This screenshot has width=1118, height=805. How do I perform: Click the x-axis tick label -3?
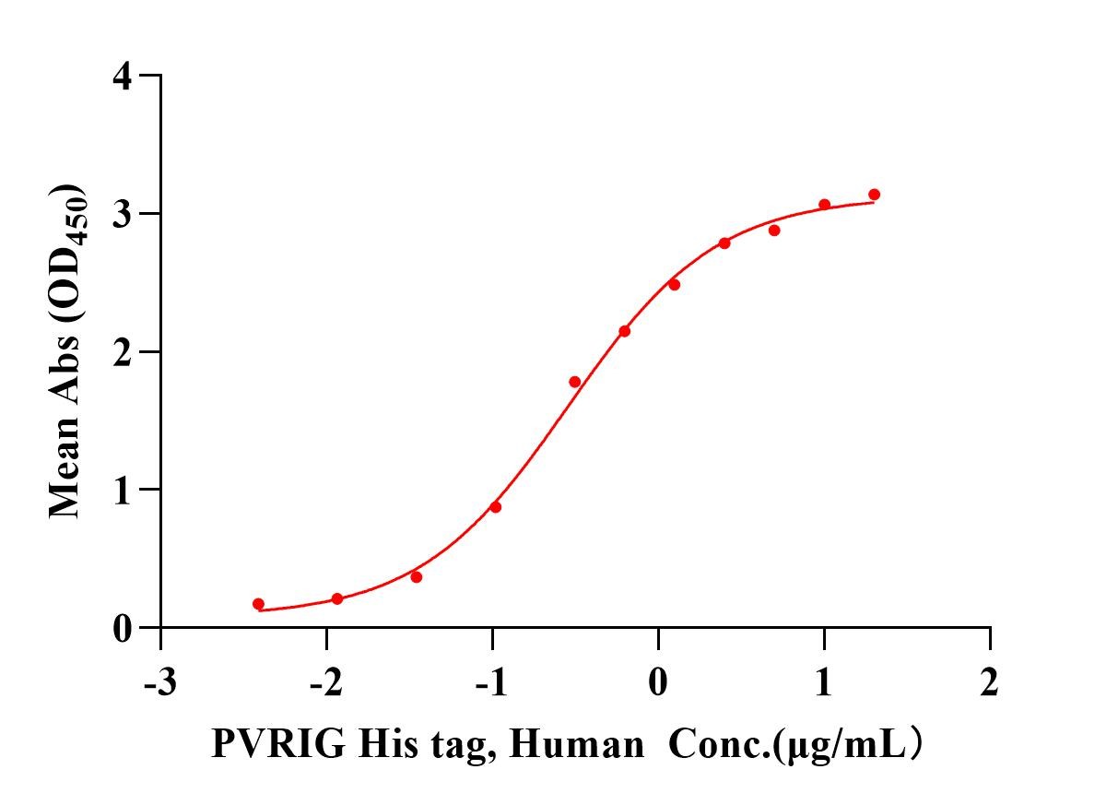pyautogui.click(x=160, y=685)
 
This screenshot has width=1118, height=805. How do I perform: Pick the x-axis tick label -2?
pyautogui.click(x=325, y=685)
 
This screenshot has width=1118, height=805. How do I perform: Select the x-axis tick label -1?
pyautogui.click(x=491, y=685)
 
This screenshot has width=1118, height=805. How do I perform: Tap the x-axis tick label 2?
pyautogui.click(x=990, y=685)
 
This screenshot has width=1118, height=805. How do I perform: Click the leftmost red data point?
pyautogui.click(x=258, y=604)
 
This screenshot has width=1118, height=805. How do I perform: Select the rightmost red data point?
pyautogui.click(x=874, y=195)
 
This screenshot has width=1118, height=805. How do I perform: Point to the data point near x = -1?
pyautogui.click(x=496, y=507)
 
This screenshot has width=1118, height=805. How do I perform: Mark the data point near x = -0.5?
pyautogui.click(x=575, y=382)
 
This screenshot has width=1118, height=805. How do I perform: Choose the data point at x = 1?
pyautogui.click(x=824, y=205)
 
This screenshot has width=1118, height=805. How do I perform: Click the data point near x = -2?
pyautogui.click(x=337, y=598)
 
